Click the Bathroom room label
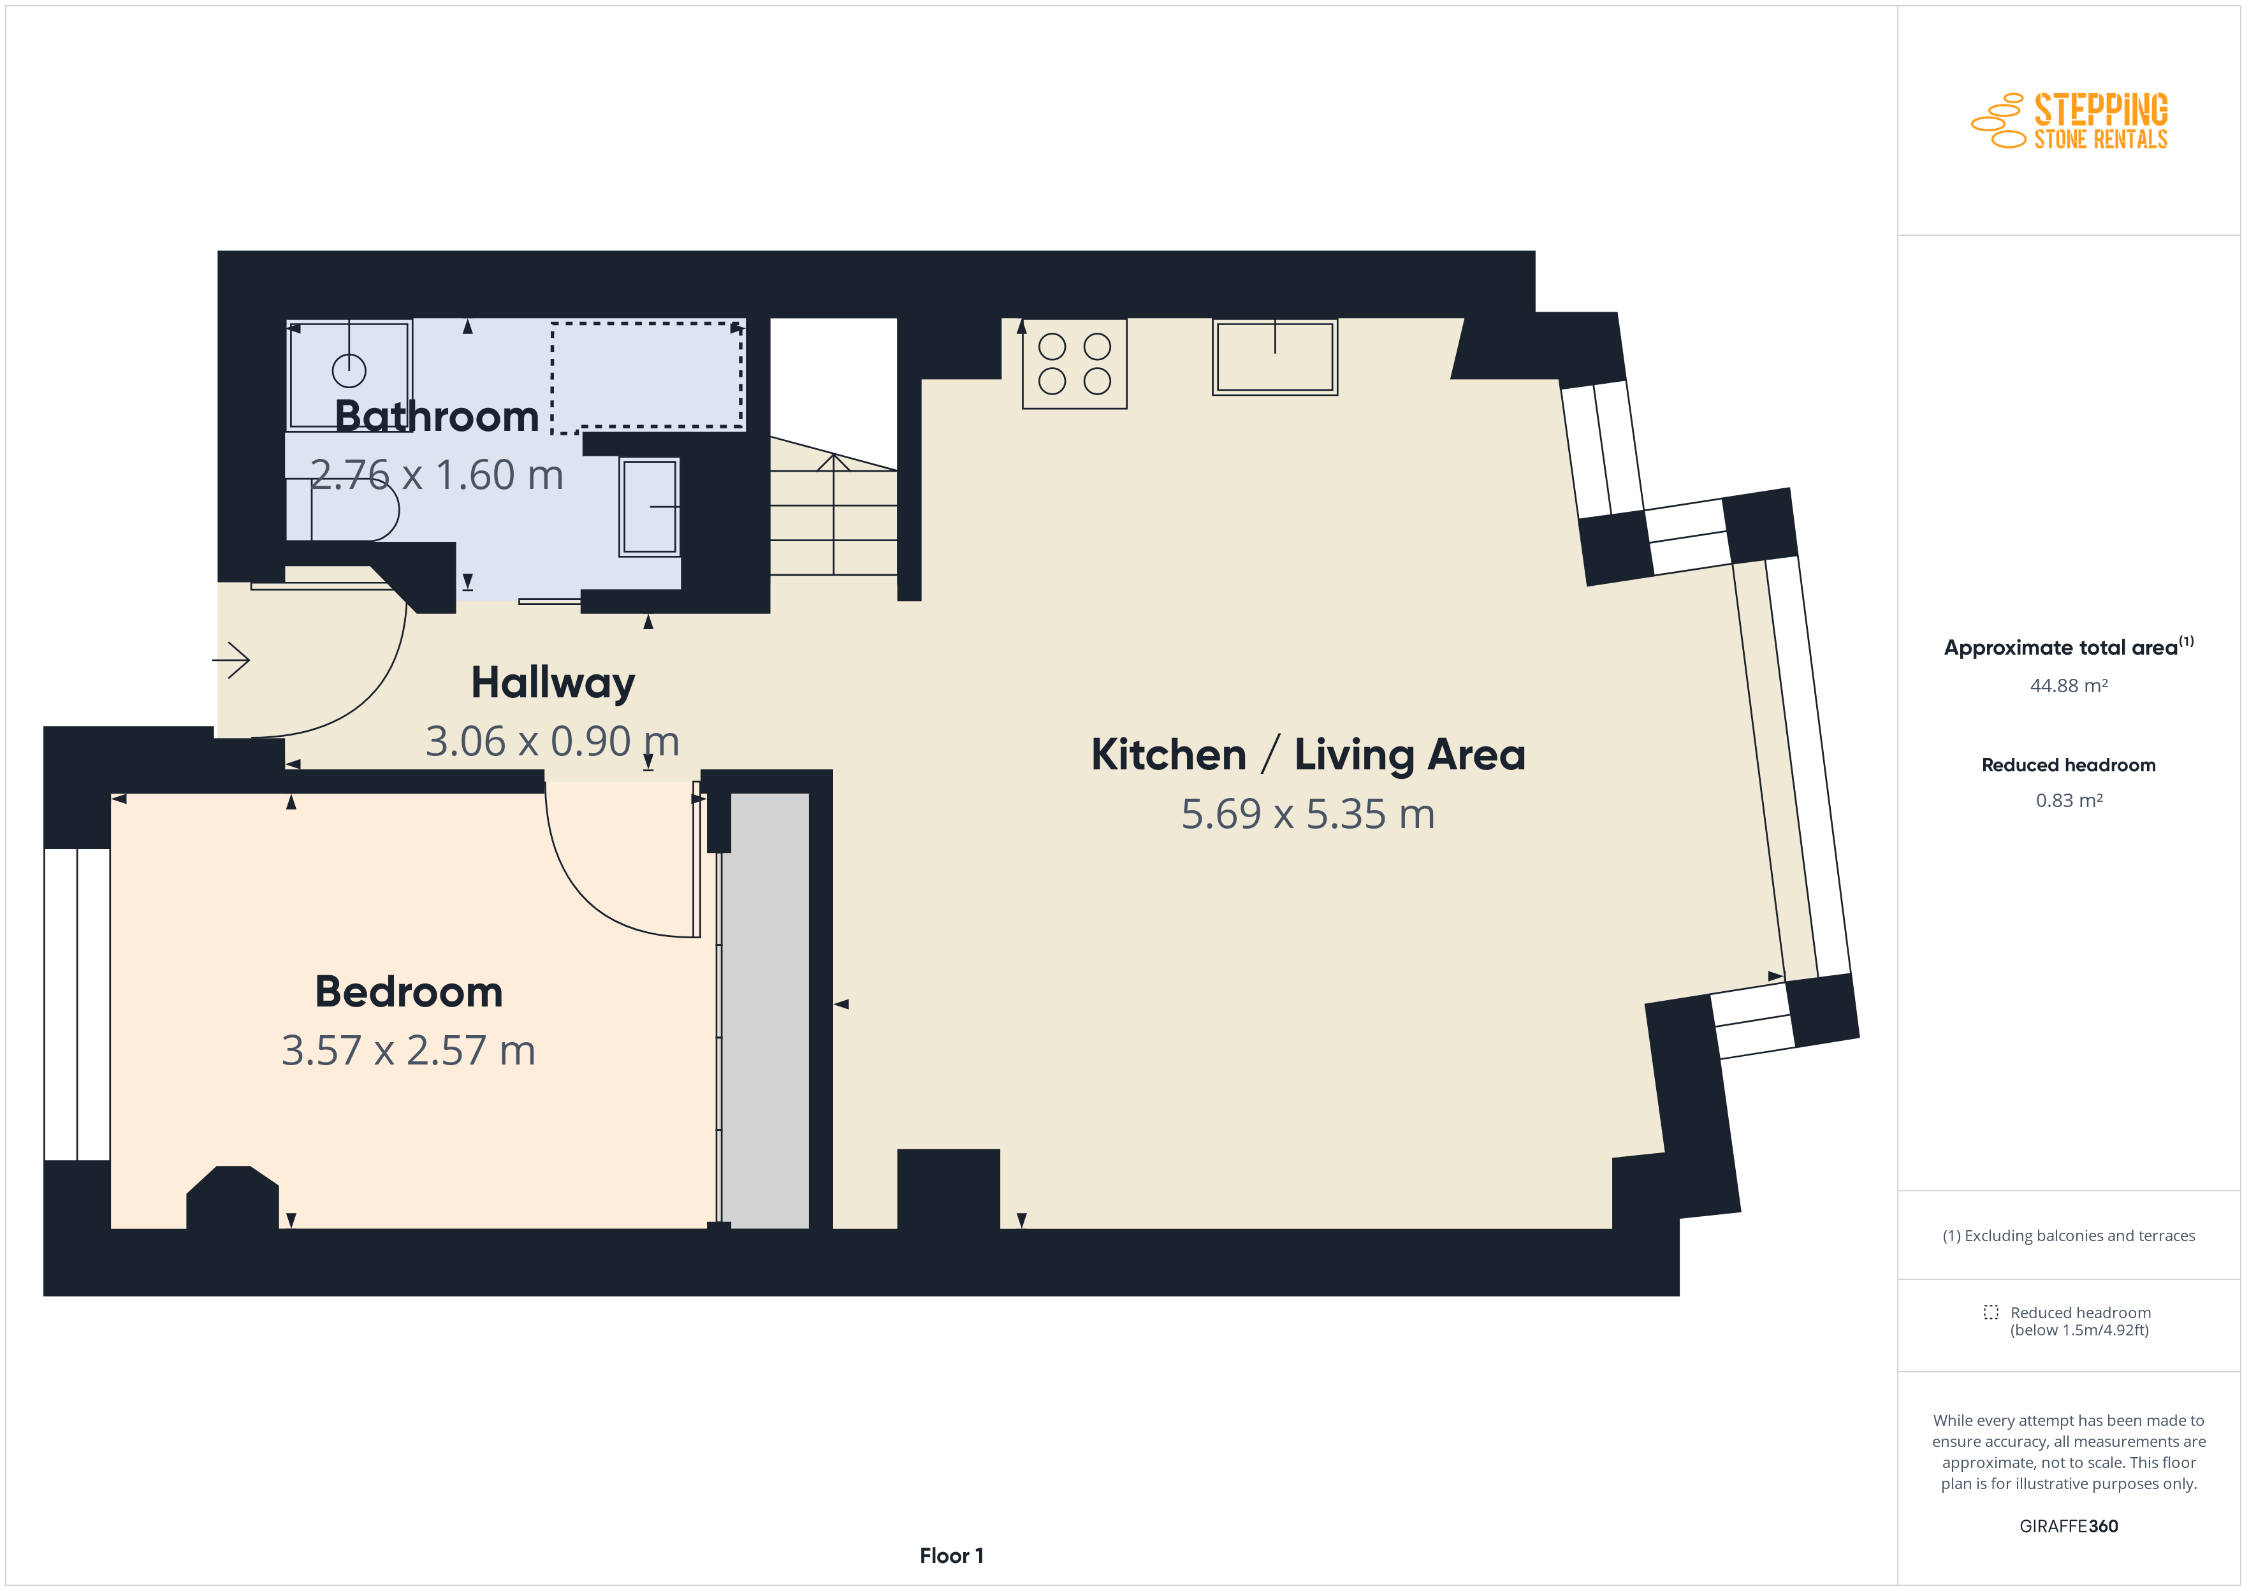(x=437, y=416)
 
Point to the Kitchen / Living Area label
(x=1307, y=754)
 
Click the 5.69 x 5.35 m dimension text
(x=1307, y=814)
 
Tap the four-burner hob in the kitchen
(x=1075, y=363)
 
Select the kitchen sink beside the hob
(x=1274, y=356)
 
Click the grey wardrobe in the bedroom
(x=765, y=1010)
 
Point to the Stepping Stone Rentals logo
(x=2070, y=120)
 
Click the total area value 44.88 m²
(x=2069, y=686)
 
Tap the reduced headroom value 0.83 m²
(x=2069, y=801)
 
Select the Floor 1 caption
(x=951, y=1556)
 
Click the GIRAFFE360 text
(x=2069, y=1527)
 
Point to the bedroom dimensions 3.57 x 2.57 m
(x=409, y=1050)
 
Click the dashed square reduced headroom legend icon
(x=1990, y=1312)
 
